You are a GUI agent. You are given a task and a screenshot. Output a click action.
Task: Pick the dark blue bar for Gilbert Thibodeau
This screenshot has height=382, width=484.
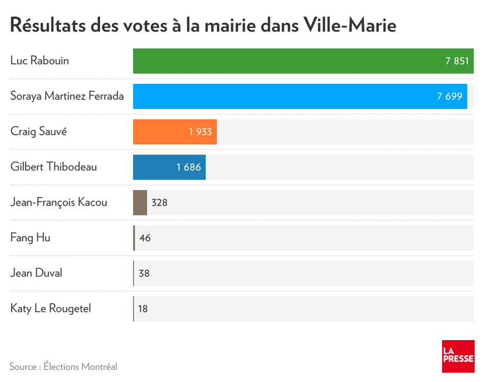click(157, 167)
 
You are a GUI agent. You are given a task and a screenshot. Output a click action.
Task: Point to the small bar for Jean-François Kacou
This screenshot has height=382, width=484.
click(140, 202)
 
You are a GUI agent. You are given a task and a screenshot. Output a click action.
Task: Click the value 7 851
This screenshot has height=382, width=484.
click(457, 61)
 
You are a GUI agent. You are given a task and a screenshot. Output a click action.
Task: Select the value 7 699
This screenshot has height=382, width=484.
click(450, 96)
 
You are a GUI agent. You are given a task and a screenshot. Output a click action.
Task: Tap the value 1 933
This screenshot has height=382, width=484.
click(201, 132)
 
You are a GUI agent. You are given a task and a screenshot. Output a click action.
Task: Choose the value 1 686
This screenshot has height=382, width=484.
click(189, 167)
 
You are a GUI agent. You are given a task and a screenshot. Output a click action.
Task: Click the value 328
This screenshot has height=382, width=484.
click(159, 202)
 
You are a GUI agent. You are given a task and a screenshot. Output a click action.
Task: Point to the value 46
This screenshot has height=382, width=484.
click(145, 238)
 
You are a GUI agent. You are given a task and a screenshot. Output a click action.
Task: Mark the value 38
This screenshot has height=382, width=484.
click(144, 274)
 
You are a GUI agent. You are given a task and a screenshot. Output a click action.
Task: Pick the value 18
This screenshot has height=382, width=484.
click(143, 309)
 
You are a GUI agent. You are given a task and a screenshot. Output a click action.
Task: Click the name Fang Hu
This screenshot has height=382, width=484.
click(30, 237)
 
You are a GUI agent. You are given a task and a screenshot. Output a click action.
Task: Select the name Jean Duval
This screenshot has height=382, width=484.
click(36, 273)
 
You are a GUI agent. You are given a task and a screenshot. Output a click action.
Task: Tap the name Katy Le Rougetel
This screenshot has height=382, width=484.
click(51, 308)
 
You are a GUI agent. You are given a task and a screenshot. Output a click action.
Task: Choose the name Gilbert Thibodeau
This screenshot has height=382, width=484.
click(53, 167)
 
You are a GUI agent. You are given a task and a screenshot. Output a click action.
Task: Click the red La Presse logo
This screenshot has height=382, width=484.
click(458, 356)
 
